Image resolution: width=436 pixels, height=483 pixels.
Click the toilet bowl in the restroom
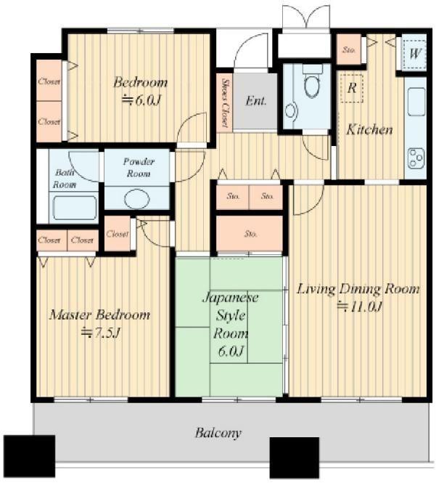coord(312,84)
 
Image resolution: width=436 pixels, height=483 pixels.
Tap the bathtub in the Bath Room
coord(75,208)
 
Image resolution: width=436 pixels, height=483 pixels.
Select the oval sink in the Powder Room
coord(137,199)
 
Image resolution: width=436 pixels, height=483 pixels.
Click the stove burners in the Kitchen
coord(416,158)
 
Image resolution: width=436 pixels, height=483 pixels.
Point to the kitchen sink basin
coord(416,102)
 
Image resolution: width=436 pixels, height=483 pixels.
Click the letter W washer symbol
coord(414,54)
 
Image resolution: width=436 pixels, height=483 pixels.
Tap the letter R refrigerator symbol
coord(352,88)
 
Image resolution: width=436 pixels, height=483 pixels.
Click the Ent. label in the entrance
coord(255,101)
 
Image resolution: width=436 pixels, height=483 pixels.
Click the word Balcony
coord(218,433)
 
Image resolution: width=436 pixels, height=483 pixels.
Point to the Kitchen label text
coord(369,129)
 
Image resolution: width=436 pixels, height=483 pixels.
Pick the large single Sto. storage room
coord(250,234)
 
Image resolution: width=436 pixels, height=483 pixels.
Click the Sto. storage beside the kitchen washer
coord(349,49)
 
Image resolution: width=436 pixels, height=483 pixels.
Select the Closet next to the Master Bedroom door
coord(117,234)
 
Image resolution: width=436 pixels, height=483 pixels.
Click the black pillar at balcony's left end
coord(30,455)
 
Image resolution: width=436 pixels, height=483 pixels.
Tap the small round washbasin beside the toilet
coord(290,111)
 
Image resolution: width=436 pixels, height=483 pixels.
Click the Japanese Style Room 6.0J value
coord(231,351)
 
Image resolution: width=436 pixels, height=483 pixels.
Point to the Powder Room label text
coord(139,167)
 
